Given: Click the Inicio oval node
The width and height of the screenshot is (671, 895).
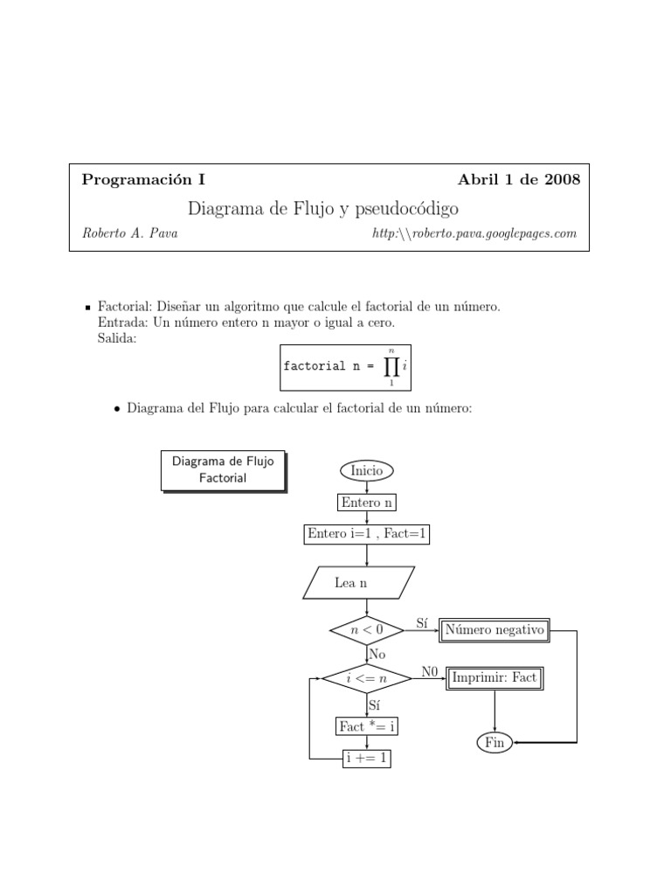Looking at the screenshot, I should [367, 470].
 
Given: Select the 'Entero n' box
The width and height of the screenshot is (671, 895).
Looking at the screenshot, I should [367, 503].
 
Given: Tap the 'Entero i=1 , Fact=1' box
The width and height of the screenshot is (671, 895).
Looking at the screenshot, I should [367, 534].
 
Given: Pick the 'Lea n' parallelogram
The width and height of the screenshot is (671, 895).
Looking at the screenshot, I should [357, 582].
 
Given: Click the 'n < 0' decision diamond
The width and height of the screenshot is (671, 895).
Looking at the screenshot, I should [367, 629].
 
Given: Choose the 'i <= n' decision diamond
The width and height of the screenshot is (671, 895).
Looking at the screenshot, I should [367, 677].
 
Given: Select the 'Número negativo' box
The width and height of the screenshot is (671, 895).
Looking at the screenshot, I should [495, 629].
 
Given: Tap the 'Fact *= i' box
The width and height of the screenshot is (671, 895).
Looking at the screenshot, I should [367, 726].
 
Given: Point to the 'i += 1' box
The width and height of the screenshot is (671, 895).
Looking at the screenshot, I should [367, 760].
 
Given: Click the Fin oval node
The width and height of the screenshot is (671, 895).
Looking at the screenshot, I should [495, 743].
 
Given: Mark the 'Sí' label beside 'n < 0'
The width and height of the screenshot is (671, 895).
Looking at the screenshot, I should [422, 623].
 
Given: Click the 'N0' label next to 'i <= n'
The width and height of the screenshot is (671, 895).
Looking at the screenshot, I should [429, 671].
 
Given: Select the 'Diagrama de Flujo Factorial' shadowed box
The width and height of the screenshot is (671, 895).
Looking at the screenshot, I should [223, 470].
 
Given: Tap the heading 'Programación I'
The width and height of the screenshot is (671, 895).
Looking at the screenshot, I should [143, 180].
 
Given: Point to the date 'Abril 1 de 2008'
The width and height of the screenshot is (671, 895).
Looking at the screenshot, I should [518, 180].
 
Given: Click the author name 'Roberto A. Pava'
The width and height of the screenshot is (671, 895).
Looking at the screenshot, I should [129, 233].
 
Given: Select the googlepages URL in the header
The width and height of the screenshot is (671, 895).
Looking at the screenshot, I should [474, 233].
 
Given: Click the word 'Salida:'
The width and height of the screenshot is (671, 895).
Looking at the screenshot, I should [118, 339].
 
